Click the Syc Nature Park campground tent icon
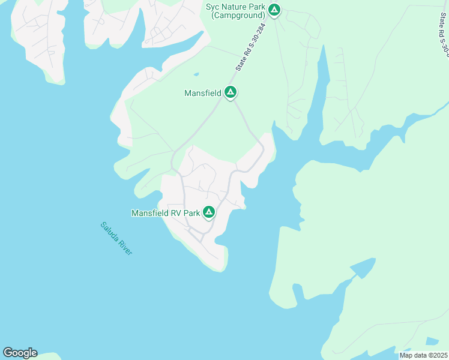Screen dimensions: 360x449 coord(274,10)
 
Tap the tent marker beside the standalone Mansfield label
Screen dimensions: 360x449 coord(230,92)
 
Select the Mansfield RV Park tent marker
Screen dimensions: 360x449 coord(209,212)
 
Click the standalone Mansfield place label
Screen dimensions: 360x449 coord(202,93)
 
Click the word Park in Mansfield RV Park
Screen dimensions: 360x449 coord(191,213)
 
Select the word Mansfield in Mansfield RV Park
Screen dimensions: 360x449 coord(150,213)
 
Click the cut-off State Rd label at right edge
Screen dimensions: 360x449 coord(441,30)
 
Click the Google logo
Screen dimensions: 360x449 coord(20,353)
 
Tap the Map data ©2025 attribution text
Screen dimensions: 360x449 coord(423,355)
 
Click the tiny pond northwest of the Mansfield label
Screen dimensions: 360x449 coord(196,75)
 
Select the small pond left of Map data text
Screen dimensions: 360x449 coord(432,341)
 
